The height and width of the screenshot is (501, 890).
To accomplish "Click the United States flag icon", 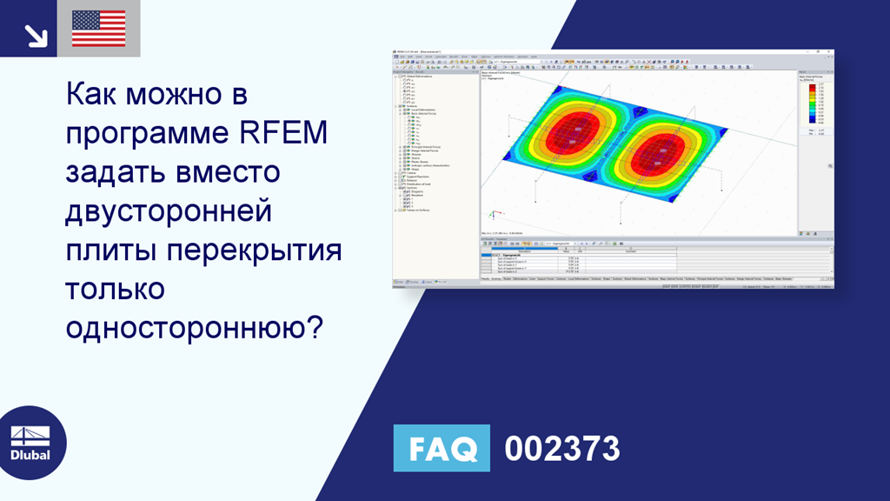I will tap(98, 29).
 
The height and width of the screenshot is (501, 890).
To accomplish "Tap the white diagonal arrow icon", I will tap(35, 35).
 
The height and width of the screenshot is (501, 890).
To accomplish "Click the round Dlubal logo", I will tap(31, 442).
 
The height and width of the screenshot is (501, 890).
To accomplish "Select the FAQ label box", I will tap(442, 448).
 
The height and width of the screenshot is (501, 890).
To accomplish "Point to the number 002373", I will tap(562, 449).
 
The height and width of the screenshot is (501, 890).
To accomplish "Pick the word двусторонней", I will tap(169, 211).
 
